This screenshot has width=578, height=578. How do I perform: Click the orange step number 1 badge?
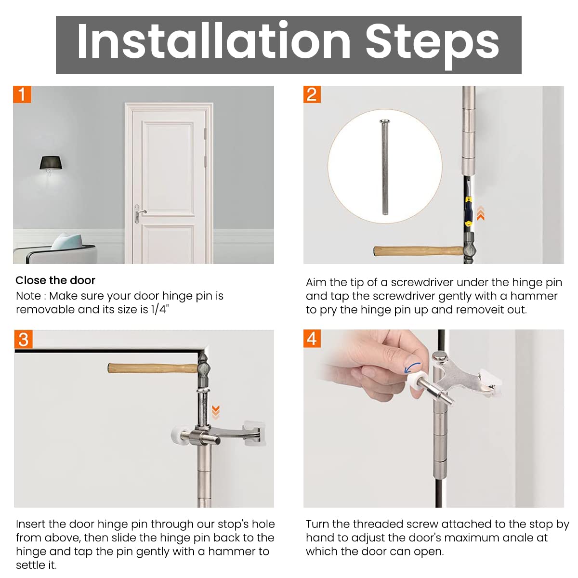point(22,94)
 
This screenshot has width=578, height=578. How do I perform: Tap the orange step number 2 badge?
point(312,94)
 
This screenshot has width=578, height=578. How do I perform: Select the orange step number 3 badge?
point(24,340)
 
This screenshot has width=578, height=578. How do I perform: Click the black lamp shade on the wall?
point(51,163)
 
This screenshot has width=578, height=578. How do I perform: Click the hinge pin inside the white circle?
point(384,167)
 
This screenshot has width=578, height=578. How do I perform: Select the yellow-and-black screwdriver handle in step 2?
point(468,211)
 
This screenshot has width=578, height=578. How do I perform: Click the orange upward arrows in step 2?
point(481,213)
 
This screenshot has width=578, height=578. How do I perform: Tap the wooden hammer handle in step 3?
point(153,368)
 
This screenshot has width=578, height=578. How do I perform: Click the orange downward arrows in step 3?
point(216,412)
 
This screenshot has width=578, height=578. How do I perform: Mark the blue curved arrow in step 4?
point(412,367)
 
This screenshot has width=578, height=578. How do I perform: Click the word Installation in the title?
point(214,41)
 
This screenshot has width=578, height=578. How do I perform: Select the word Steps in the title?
point(432,45)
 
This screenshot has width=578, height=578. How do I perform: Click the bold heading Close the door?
point(55,280)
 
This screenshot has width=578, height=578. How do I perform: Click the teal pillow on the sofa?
point(66,241)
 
